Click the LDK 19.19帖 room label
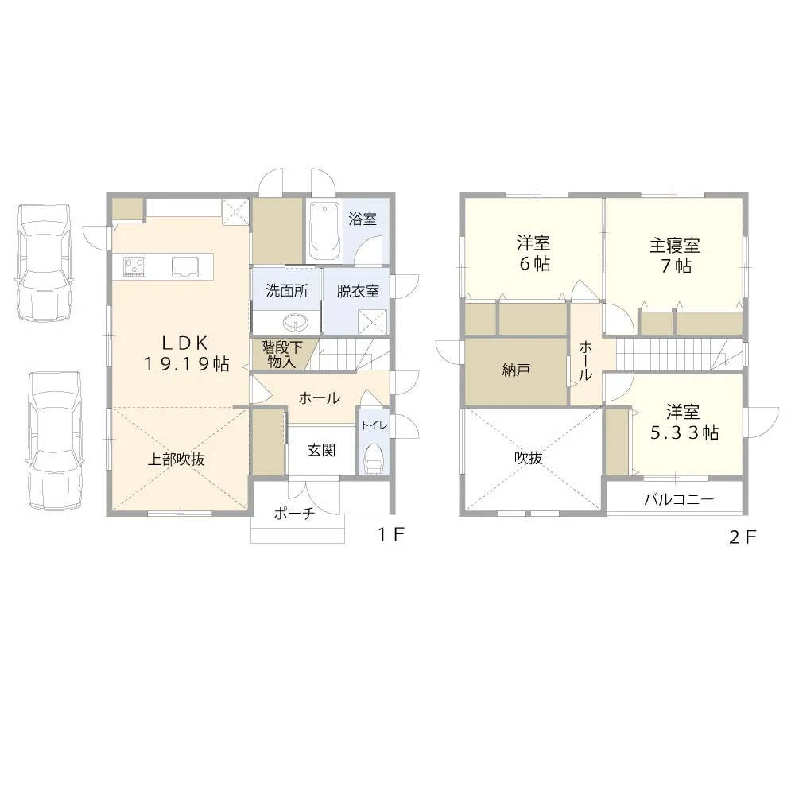186,354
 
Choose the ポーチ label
294,514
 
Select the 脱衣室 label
357,291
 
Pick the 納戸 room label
516,370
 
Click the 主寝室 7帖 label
675,254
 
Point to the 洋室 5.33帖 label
683,422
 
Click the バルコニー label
678,500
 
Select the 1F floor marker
391,535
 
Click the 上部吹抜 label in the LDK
177,459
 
